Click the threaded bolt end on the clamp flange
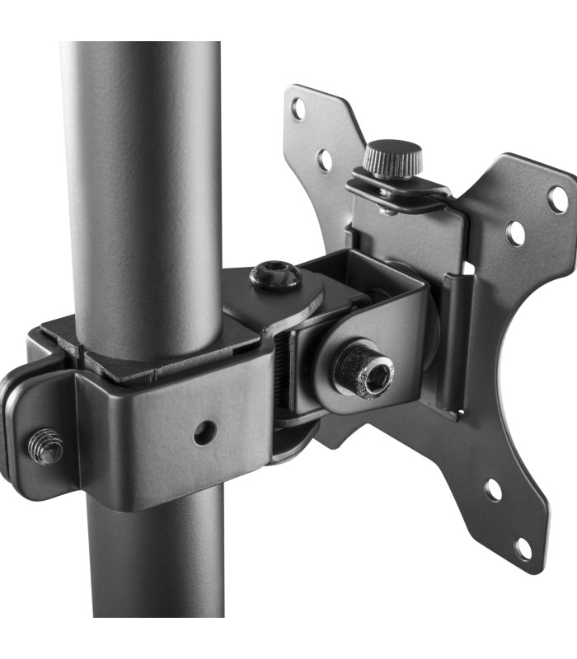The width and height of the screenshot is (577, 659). coord(46,447)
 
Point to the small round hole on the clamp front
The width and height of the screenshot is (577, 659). coord(204,432)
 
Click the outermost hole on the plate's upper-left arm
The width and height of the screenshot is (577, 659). coord(298,108)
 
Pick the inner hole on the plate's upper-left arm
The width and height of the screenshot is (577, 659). coord(325,159)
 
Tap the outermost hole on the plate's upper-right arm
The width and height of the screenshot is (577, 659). coord(558,199)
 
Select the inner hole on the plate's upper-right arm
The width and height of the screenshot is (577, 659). coord(515,234)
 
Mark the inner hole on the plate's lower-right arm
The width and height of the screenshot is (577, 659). coord(493,491)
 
